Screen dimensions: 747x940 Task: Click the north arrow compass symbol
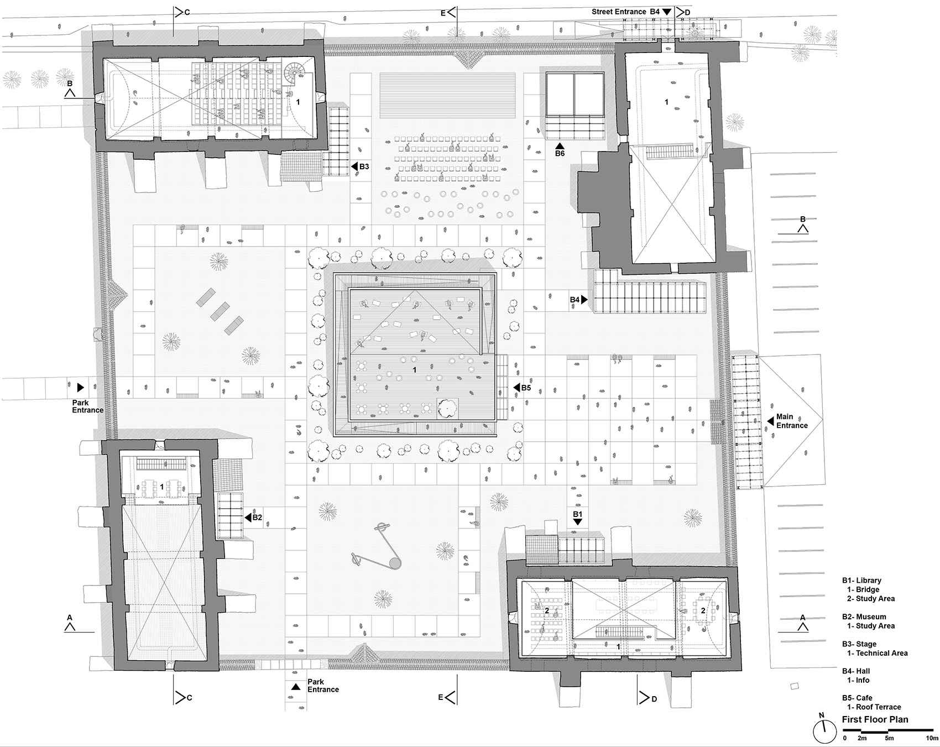(824, 732)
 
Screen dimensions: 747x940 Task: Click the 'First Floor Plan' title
(875, 719)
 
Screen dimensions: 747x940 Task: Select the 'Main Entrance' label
(792, 421)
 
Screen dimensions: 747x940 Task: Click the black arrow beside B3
(354, 166)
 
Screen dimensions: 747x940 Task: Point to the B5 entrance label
(525, 388)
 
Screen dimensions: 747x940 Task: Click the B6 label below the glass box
(560, 153)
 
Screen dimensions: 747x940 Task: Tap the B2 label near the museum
(257, 518)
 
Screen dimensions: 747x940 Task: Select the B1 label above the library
(577, 514)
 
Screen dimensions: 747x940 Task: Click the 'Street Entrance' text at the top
(618, 12)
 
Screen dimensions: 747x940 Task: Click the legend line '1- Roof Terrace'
(874, 707)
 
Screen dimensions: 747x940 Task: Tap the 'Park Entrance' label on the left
(87, 406)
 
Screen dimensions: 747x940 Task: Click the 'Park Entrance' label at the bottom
(323, 686)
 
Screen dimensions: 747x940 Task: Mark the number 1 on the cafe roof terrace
(415, 370)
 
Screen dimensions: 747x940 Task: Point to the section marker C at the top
(186, 12)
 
